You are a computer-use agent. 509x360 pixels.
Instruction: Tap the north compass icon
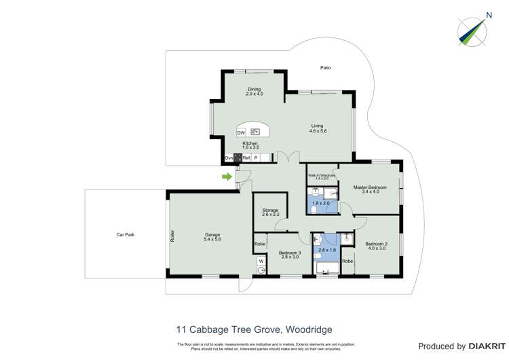click(x=472, y=30)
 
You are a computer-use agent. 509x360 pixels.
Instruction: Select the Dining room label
click(x=254, y=91)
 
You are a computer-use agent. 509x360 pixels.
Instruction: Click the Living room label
click(x=318, y=128)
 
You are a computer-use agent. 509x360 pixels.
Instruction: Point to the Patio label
click(x=326, y=68)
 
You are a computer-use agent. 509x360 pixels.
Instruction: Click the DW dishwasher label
click(x=241, y=133)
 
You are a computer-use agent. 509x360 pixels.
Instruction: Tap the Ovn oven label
click(x=229, y=158)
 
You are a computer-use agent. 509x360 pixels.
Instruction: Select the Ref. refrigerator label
click(x=246, y=158)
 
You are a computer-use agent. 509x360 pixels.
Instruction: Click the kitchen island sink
click(x=255, y=132)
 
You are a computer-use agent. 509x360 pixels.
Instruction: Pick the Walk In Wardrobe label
click(x=322, y=176)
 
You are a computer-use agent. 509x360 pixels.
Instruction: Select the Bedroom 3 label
click(x=289, y=255)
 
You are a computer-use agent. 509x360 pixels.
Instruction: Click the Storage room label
click(x=270, y=213)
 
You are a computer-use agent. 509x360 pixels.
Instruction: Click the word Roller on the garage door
click(x=172, y=235)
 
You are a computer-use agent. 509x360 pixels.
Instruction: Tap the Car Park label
click(x=125, y=234)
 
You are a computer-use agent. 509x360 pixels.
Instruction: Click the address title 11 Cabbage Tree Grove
click(x=254, y=329)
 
